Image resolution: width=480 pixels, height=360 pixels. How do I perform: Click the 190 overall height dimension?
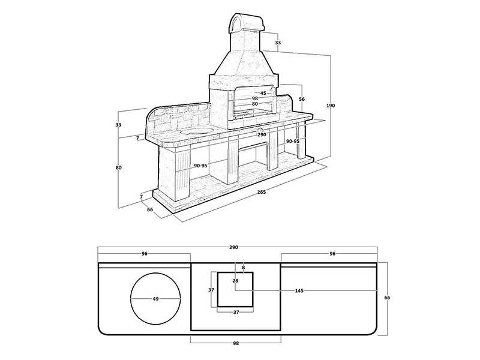[x=331, y=106]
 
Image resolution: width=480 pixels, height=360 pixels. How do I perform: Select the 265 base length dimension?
[x=262, y=192]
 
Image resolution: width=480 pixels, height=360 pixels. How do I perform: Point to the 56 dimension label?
[x=302, y=99]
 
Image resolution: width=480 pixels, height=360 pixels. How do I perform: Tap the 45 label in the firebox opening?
[x=263, y=93]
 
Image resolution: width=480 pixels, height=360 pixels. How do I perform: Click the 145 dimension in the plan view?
[x=299, y=290]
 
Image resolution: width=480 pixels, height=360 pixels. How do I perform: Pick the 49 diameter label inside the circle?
[x=155, y=299]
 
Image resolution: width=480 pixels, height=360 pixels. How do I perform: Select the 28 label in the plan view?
[x=235, y=280]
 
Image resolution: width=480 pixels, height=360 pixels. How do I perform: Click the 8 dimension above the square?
[x=244, y=268]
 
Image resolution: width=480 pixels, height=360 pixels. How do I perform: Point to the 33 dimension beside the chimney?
[x=278, y=43]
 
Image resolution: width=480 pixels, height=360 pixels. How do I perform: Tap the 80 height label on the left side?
[x=118, y=168]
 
